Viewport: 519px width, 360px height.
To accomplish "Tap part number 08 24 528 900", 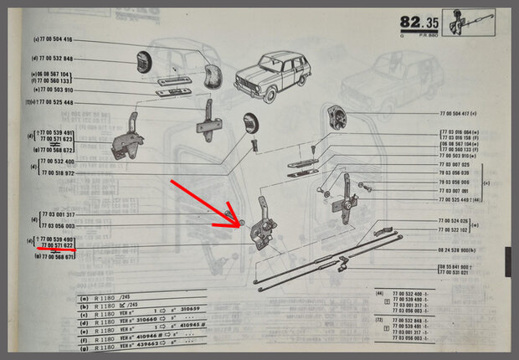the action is (457, 249).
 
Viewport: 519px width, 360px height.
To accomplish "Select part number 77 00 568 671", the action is (57, 256).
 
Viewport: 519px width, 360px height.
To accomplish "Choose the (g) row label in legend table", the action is (84, 342).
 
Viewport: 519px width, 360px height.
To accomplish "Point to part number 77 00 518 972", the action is (57, 172).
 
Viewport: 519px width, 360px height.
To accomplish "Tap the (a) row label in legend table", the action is (84, 297).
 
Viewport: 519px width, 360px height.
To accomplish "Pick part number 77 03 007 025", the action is (457, 164).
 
